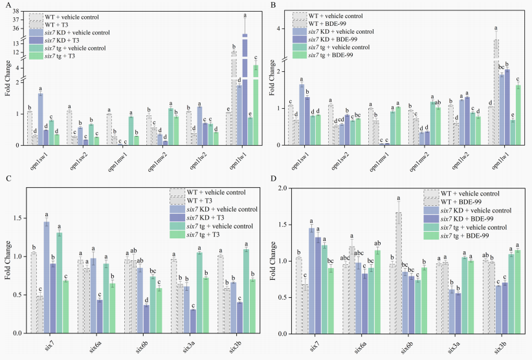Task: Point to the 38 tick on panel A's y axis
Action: pos(19,11)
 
